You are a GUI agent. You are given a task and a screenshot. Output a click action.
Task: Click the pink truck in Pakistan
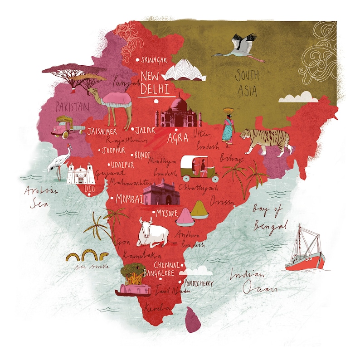[x=66, y=127]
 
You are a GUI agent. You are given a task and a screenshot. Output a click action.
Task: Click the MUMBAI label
[x=129, y=199]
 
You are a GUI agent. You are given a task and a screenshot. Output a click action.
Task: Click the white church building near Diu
[x=81, y=173]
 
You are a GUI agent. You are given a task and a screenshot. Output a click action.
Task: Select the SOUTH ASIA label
[x=247, y=83]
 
